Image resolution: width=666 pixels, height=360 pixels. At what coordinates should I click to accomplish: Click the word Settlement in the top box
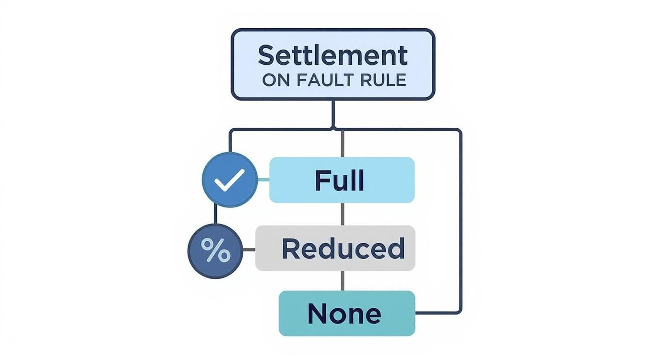tap(333, 56)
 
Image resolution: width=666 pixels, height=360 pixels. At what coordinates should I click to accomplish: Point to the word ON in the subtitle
tap(276, 80)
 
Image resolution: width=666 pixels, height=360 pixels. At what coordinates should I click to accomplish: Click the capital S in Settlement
tap(266, 56)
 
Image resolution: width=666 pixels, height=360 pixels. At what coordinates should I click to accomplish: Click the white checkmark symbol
tap(230, 180)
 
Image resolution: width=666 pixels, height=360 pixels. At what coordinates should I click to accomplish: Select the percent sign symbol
tap(215, 250)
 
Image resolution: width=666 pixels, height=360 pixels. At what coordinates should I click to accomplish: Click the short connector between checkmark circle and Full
tap(264, 180)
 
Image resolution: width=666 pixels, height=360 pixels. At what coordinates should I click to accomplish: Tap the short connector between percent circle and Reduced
tap(249, 249)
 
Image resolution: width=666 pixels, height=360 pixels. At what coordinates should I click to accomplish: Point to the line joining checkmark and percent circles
tap(215, 215)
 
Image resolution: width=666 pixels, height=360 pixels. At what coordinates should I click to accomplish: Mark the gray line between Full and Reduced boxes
tap(342, 214)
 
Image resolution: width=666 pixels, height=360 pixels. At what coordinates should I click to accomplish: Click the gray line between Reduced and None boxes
tap(342, 281)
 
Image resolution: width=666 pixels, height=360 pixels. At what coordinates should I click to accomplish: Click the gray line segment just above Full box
tap(342, 144)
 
